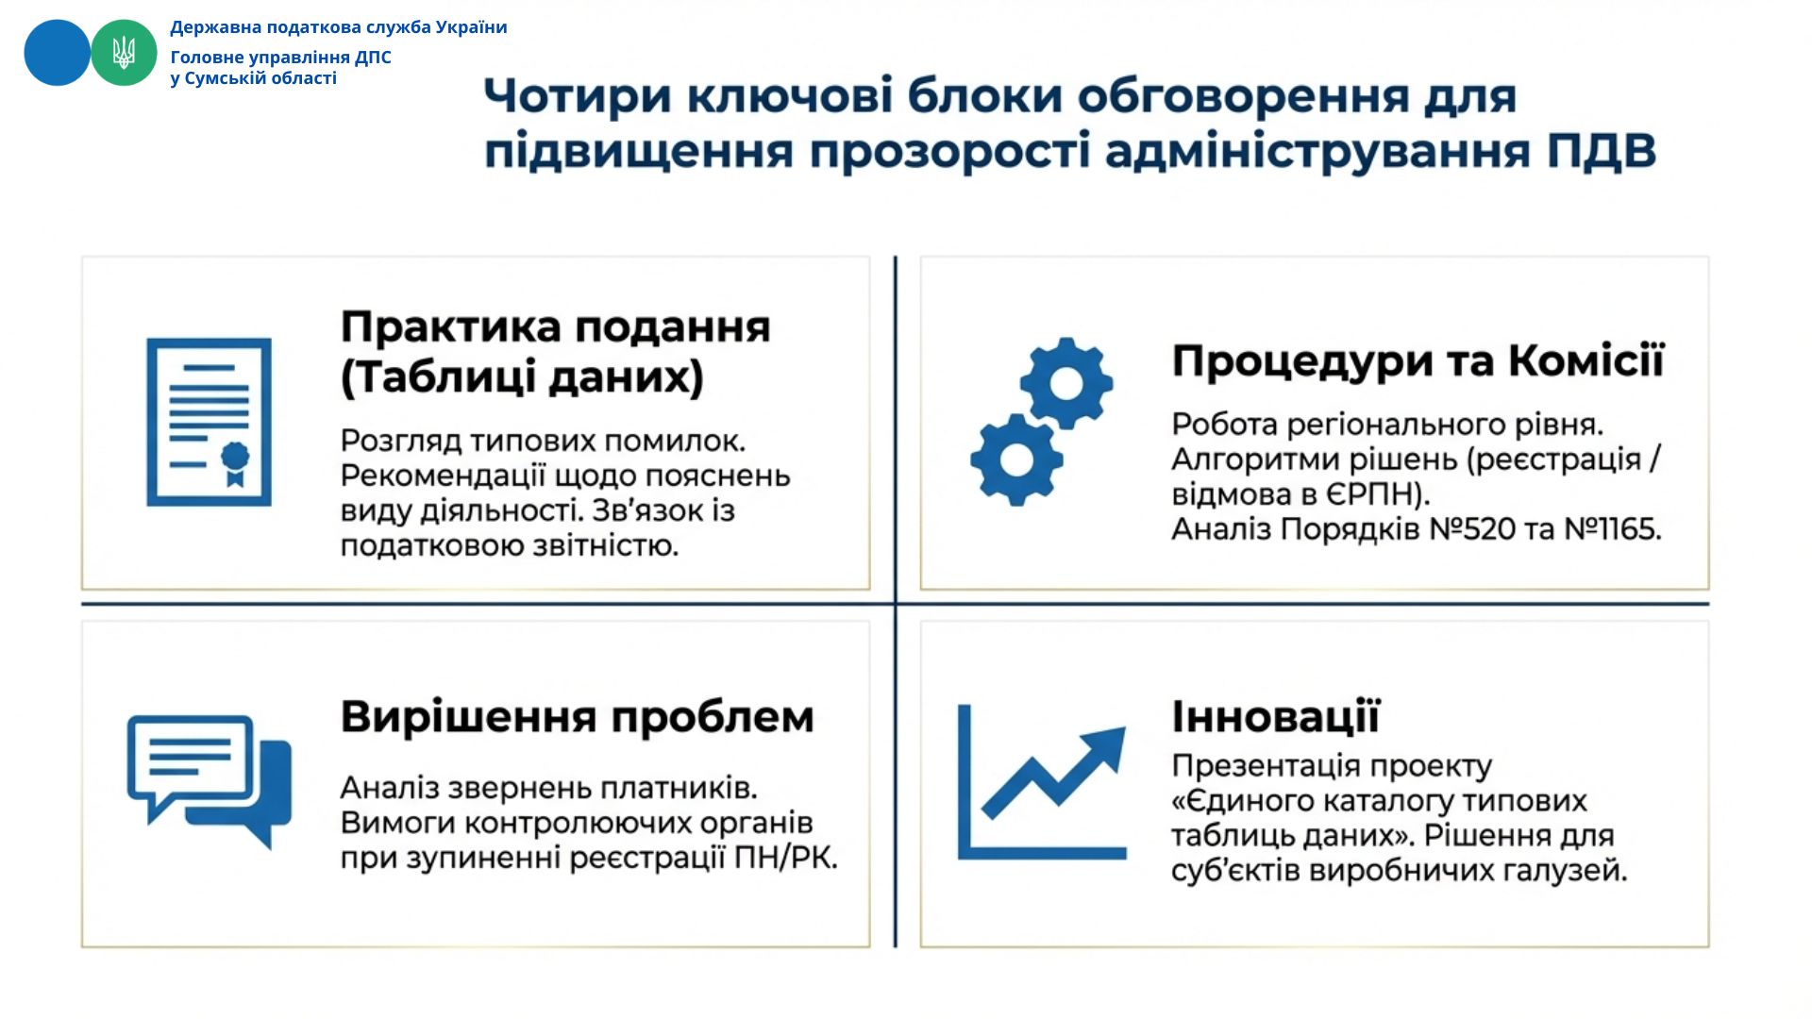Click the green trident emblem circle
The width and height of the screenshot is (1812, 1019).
124,53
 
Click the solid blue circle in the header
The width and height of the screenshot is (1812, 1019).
57,53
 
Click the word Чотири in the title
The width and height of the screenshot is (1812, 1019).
579,97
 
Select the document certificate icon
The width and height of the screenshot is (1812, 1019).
209,422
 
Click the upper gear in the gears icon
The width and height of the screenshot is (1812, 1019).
1066,383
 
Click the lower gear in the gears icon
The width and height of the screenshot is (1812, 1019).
1016,459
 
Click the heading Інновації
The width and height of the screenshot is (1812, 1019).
1276,716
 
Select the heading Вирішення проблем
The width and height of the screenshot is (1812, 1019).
578,716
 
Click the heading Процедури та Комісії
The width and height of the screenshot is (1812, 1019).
1418,360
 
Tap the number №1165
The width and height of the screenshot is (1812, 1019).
1613,529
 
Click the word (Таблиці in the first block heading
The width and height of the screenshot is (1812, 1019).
440,377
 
